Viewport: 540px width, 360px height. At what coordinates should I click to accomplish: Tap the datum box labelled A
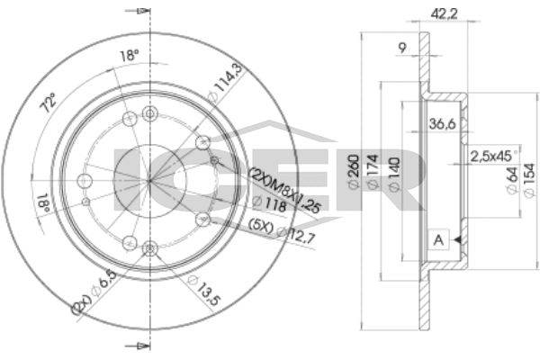point(438,239)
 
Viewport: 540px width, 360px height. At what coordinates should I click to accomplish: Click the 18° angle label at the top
point(130,56)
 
